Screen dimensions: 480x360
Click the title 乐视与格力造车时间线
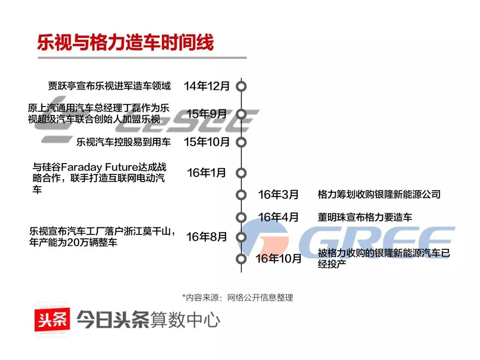click(x=126, y=42)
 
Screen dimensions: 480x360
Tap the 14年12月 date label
click(x=207, y=86)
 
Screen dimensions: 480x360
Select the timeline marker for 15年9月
click(x=241, y=114)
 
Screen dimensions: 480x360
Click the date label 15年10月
click(x=207, y=142)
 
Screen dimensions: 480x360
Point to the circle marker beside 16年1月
click(x=241, y=173)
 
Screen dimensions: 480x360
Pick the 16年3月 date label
click(x=278, y=195)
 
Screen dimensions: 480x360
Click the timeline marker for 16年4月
click(x=241, y=217)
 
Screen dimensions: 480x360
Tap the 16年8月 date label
click(x=207, y=237)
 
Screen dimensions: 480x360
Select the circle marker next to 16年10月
click(x=241, y=259)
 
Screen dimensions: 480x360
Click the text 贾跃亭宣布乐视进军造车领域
click(x=109, y=86)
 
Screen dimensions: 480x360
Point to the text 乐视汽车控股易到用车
click(x=124, y=142)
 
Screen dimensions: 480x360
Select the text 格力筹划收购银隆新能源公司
click(x=379, y=195)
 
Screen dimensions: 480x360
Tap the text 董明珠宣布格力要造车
click(x=364, y=217)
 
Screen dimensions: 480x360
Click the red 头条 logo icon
click(x=52, y=319)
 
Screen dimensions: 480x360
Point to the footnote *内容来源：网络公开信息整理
click(x=237, y=298)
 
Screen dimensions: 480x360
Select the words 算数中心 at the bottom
click(x=185, y=320)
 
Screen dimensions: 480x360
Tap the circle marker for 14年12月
click(x=241, y=86)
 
